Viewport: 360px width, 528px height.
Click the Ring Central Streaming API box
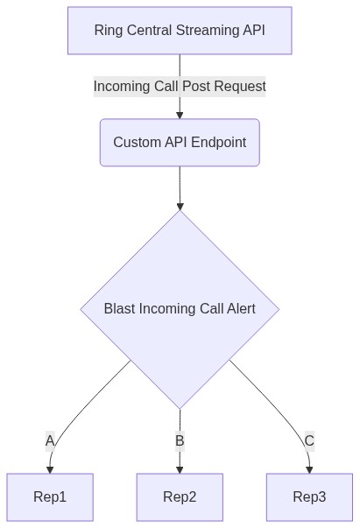(x=180, y=31)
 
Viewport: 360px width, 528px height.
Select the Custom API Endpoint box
(x=180, y=143)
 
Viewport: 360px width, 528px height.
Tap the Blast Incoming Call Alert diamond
(x=180, y=309)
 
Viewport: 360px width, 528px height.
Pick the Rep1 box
(x=50, y=497)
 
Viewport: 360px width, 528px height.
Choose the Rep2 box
(x=180, y=497)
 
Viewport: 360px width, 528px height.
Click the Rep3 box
(x=309, y=497)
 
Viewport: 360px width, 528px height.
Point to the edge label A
(x=50, y=440)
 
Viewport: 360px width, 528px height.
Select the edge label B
(x=180, y=440)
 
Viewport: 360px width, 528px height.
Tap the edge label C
(x=309, y=440)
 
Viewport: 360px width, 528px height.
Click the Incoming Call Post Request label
(x=180, y=87)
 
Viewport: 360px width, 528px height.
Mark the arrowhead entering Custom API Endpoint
(x=180, y=116)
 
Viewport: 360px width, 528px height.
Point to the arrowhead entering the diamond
(x=180, y=207)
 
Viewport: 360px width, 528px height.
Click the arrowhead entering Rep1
(x=50, y=470)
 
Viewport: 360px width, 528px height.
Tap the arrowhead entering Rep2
(x=180, y=470)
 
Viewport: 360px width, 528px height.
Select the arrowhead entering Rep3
(x=309, y=470)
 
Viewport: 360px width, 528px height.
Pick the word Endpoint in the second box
(x=219, y=143)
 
